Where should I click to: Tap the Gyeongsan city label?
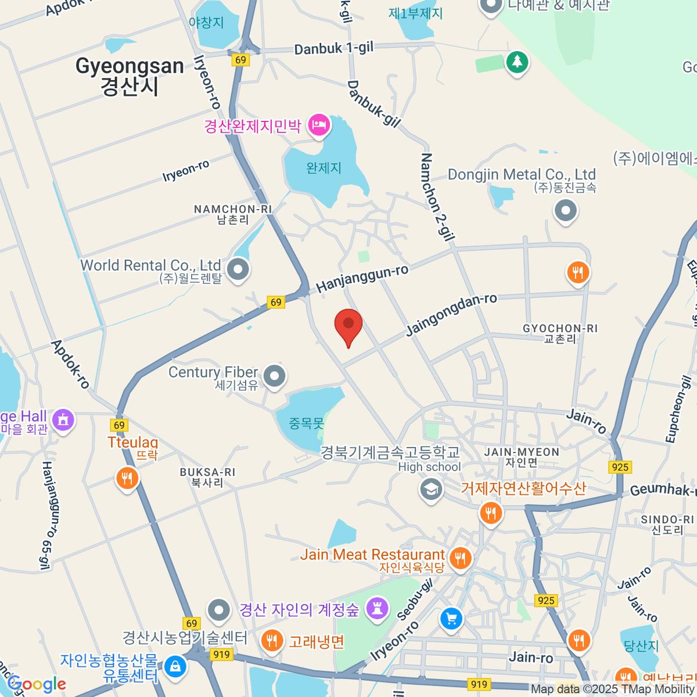[x=130, y=76]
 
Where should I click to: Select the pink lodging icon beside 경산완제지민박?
[x=319, y=125]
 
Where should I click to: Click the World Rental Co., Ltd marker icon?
[x=238, y=270]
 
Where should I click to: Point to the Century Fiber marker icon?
[x=274, y=376]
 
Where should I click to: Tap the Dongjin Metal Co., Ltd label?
[x=522, y=175]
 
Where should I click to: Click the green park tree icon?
[x=516, y=62]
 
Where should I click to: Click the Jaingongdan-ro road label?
[x=451, y=314]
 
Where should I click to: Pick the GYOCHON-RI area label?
[x=560, y=329]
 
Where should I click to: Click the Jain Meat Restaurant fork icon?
[x=461, y=558]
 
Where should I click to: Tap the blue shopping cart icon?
[x=451, y=619]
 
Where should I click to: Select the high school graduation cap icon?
[x=430, y=489]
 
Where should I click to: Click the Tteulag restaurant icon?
[x=127, y=479]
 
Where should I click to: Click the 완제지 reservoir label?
[x=324, y=168]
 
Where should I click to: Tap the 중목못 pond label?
[x=306, y=423]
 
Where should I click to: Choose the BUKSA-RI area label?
[x=207, y=472]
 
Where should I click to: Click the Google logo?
[x=37, y=684]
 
